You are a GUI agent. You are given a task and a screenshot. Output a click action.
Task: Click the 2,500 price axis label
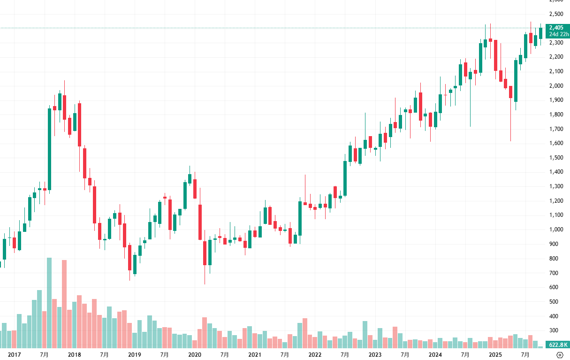coord(556,13)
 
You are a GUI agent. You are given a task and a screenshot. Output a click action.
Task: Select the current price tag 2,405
coord(556,28)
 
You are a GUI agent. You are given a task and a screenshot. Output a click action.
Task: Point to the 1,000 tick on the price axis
coord(556,230)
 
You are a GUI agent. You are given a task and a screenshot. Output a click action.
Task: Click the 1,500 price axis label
coord(556,158)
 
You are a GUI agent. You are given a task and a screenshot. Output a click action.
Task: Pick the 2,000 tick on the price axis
coord(556,85)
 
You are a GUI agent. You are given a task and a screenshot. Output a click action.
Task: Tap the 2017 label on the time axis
coord(15,355)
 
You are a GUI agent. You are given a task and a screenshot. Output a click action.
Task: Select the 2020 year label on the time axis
coord(195,355)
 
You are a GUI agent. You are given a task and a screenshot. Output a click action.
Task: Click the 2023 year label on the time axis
coord(375,355)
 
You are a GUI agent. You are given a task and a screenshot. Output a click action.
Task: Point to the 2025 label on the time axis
coord(495,355)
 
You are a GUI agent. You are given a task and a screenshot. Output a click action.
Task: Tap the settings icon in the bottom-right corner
coord(560,355)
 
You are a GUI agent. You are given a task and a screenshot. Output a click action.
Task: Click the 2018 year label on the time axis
coord(75,355)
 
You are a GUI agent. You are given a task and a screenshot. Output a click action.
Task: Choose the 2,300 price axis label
coord(556,42)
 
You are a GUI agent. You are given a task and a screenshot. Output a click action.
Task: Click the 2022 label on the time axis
coord(315,355)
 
